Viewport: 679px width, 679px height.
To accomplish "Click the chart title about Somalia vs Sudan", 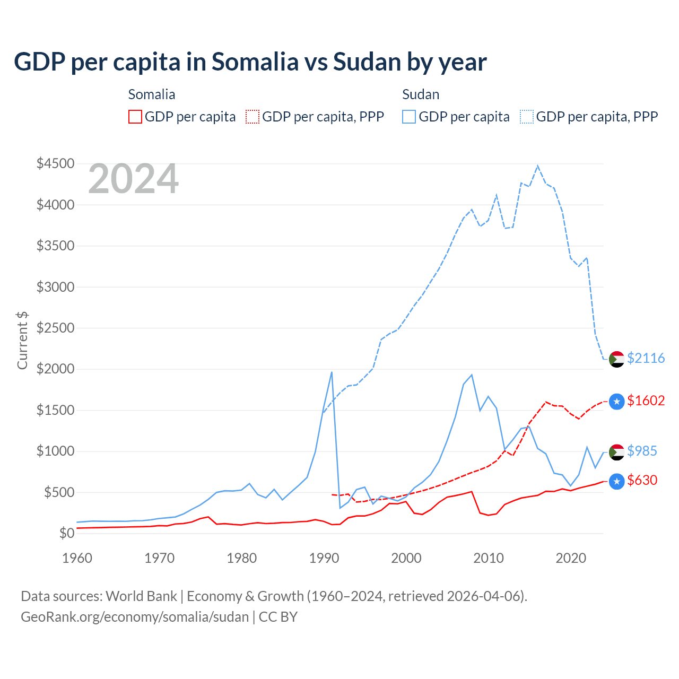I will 250,62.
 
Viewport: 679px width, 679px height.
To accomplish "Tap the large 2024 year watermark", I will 133,179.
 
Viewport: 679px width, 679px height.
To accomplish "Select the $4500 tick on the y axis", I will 55,163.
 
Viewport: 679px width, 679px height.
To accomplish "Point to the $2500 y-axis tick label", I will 55,328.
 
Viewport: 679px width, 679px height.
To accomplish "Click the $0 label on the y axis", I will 66,533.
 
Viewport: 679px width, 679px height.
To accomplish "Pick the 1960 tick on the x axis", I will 77,558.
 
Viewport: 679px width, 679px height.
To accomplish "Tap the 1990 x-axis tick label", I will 324,558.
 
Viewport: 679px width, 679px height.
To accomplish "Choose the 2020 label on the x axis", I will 571,558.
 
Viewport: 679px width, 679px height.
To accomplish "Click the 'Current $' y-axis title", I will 22,340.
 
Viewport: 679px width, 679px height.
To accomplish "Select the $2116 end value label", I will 646,358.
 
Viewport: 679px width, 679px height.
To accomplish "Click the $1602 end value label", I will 646,401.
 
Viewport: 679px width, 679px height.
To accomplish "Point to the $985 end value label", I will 642,451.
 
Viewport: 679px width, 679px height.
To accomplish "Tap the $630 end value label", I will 642,480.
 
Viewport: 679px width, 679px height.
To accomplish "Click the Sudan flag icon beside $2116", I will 616,359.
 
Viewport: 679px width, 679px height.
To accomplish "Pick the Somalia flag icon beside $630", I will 616,481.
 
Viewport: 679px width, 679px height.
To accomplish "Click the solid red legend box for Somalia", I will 135,117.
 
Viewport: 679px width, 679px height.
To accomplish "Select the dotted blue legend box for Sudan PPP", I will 527,117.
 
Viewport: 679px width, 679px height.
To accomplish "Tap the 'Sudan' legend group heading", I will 421,94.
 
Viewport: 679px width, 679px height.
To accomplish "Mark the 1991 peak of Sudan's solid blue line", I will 332,372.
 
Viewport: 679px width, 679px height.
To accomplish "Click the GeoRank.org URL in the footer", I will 135,617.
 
